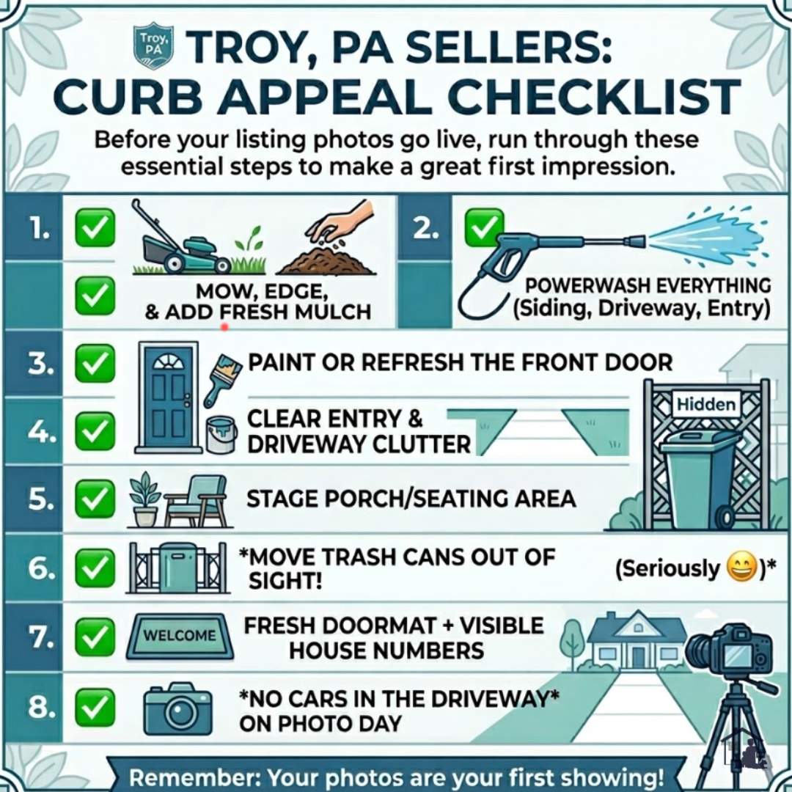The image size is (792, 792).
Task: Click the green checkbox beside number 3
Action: pos(95,363)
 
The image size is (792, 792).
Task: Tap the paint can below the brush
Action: pos(221,433)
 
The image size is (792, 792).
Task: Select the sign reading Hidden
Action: pos(705,403)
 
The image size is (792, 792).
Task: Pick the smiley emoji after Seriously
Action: pos(740,568)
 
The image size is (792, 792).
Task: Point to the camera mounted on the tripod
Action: pos(730,652)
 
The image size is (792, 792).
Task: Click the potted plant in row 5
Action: pos(144,499)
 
